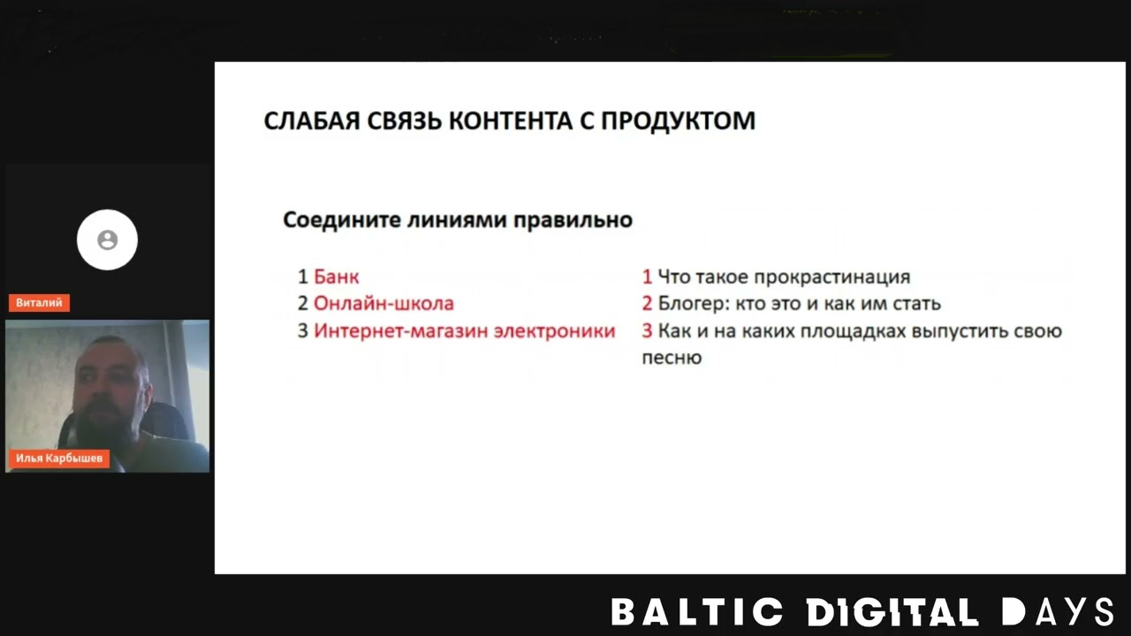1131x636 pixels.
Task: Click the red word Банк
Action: pyautogui.click(x=336, y=276)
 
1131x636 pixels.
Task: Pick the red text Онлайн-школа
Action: pyautogui.click(x=383, y=304)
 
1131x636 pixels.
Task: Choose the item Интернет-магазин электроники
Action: pyautogui.click(x=464, y=331)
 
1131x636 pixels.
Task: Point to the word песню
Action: pyautogui.click(x=672, y=358)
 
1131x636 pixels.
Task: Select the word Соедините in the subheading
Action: pyautogui.click(x=341, y=220)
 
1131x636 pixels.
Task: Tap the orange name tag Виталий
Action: pyautogui.click(x=39, y=303)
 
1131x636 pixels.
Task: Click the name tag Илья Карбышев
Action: pyautogui.click(x=58, y=458)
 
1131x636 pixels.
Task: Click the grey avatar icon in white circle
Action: pyautogui.click(x=107, y=239)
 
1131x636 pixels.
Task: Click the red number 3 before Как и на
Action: pyautogui.click(x=647, y=331)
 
